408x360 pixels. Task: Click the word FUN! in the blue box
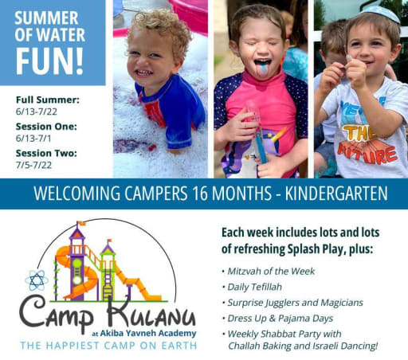49,61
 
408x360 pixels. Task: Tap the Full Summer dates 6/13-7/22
37,112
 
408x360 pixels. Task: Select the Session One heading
46,127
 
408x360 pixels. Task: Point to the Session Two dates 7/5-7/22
33,165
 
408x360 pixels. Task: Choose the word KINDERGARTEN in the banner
336,194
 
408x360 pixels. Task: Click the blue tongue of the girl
262,68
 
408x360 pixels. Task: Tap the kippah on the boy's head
381,12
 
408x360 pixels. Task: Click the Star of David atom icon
37,280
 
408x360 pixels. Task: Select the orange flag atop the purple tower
81,223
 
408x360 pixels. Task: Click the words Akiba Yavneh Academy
148,333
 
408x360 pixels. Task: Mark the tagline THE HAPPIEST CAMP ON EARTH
108,346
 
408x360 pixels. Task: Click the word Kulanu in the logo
151,313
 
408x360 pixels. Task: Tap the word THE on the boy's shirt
359,133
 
